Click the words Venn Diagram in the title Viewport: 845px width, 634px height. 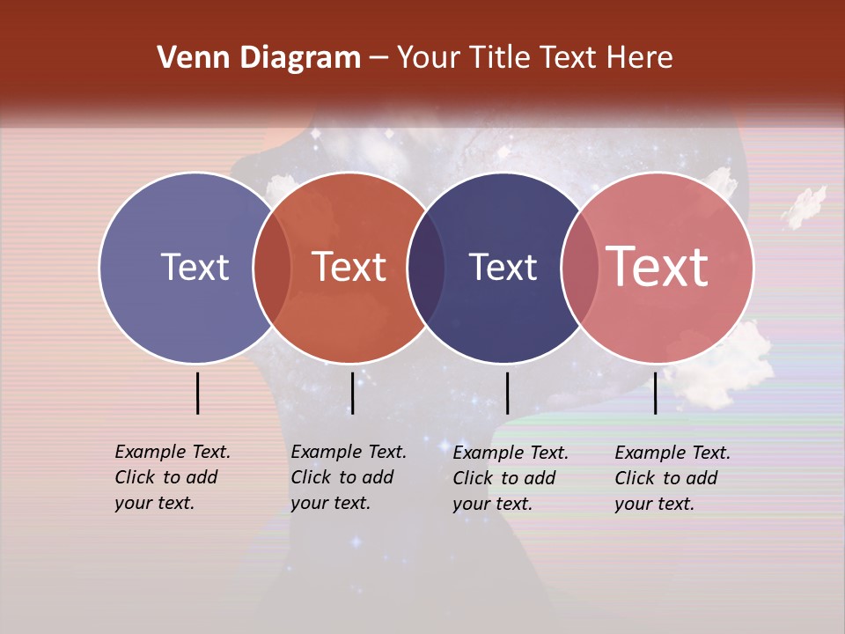point(259,58)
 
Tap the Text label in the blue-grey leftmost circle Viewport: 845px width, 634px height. point(195,267)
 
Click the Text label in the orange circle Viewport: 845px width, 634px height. point(349,267)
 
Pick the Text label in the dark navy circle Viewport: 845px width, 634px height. point(503,267)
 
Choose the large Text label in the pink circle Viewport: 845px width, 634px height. point(658,267)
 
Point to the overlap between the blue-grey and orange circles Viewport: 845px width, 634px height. point(272,268)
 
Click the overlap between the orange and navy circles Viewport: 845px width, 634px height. point(426,268)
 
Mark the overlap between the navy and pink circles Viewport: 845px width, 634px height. point(580,268)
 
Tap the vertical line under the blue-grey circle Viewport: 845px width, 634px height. point(198,393)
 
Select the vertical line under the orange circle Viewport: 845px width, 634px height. point(352,393)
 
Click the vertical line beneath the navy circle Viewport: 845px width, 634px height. point(507,393)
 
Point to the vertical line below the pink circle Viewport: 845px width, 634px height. point(655,393)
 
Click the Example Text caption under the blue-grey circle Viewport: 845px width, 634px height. point(173,477)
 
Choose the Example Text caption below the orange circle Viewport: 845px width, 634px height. point(349,477)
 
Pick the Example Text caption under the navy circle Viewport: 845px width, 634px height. point(511,478)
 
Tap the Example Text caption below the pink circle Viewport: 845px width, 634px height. point(672,478)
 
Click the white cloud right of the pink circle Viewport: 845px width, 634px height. point(804,208)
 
